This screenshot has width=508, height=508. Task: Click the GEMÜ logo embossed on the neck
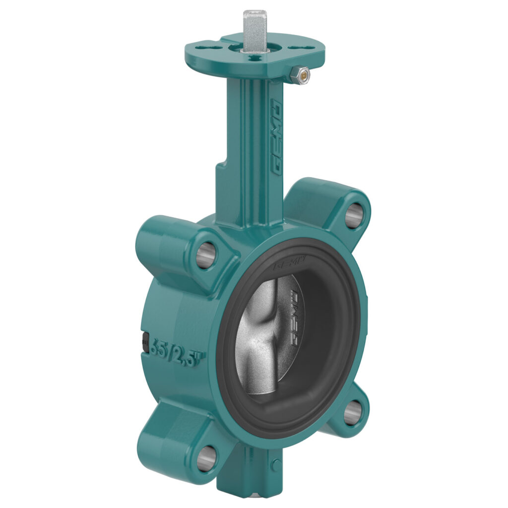pos(276,136)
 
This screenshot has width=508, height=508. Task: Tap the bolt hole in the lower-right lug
pos(352,412)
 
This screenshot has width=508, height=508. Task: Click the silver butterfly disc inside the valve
pos(263,337)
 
